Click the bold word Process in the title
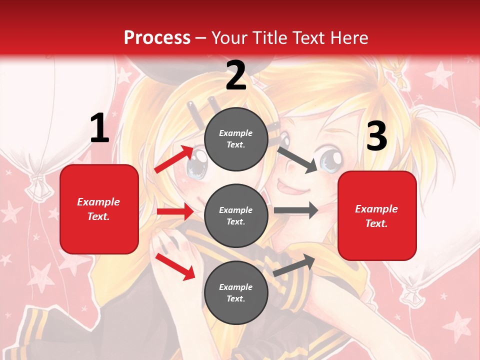pyautogui.click(x=157, y=38)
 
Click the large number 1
pyautogui.click(x=99, y=128)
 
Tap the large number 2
pyautogui.click(x=236, y=75)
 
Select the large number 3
pyautogui.click(x=376, y=136)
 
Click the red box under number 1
pyautogui.click(x=99, y=209)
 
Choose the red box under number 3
pyautogui.click(x=377, y=215)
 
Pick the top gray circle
pyautogui.click(x=236, y=139)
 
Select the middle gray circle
pyautogui.click(x=236, y=216)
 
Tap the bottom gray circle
pyautogui.click(x=236, y=293)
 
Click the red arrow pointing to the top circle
pyautogui.click(x=174, y=159)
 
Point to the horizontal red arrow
pyautogui.click(x=175, y=212)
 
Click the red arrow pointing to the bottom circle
pyautogui.click(x=175, y=266)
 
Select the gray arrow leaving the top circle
pyautogui.click(x=297, y=159)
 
